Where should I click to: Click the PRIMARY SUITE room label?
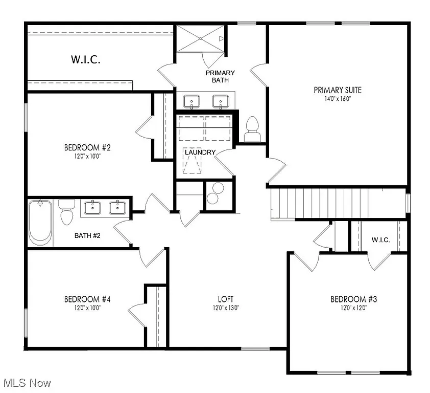(337, 90)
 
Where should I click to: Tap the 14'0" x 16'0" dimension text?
(337, 99)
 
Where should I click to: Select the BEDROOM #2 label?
(87, 148)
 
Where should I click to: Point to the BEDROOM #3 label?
(353, 299)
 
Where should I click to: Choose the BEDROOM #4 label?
(87, 299)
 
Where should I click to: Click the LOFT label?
(225, 299)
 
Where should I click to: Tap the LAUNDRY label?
(200, 152)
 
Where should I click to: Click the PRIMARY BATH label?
(221, 76)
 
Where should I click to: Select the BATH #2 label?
(90, 236)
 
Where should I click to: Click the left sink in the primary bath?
(192, 101)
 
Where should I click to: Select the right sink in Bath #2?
(117, 207)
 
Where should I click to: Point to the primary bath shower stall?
(201, 38)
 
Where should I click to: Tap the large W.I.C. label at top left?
(85, 59)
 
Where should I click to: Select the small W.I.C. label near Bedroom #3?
(380, 239)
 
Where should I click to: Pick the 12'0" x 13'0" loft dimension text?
(225, 308)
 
